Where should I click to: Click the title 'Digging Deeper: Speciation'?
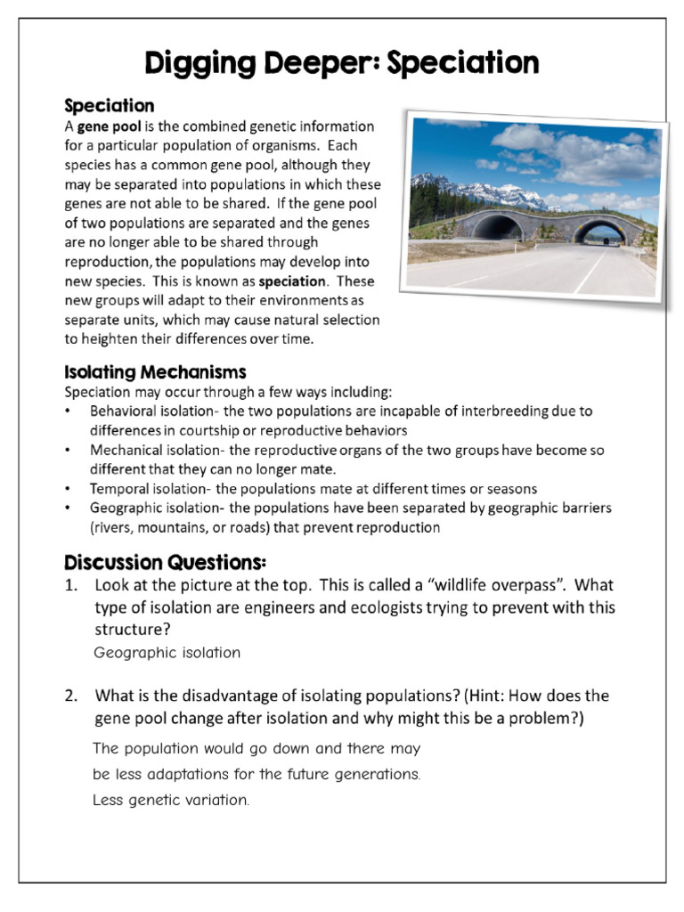click(x=342, y=63)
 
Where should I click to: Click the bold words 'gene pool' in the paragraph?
click(x=103, y=126)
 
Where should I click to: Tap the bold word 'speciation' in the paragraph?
click(x=289, y=281)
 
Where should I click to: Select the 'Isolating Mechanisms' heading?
click(x=155, y=371)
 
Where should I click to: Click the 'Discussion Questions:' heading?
click(x=165, y=563)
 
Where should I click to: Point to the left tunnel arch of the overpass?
click(x=497, y=226)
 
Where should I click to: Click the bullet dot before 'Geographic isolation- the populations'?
click(x=69, y=508)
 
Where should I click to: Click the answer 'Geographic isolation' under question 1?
click(x=167, y=652)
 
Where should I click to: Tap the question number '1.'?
click(x=71, y=586)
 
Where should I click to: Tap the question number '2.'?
click(x=71, y=696)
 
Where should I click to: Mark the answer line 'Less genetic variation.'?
click(x=171, y=800)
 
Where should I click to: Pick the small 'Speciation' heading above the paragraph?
click(x=110, y=106)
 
